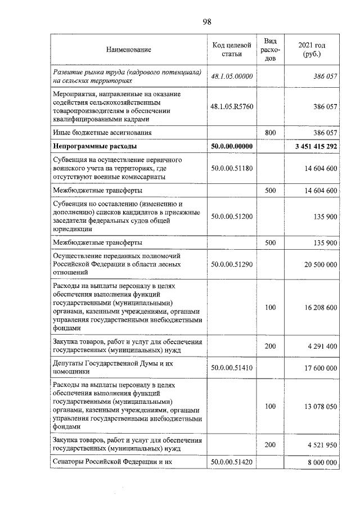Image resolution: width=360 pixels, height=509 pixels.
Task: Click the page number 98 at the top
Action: [206, 22]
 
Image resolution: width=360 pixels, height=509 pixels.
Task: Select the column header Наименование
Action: [129, 50]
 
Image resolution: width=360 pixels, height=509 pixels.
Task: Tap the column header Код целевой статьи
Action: [231, 49]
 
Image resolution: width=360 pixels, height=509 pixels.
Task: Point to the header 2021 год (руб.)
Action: [311, 49]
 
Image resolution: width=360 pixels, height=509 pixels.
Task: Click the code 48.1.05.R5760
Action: [231, 106]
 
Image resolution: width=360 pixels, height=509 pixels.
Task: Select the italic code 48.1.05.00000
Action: [231, 76]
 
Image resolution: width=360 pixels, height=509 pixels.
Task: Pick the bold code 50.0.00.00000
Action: [231, 146]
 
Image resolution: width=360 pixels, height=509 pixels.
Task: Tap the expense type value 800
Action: [270, 133]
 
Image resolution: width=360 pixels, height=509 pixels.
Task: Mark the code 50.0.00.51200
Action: [231, 216]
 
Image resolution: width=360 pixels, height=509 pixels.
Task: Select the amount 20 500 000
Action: [320, 263]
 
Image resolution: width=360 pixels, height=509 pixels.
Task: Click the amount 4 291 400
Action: [322, 346]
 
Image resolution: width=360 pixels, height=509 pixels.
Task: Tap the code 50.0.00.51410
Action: [231, 368]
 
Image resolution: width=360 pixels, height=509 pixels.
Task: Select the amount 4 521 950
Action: [322, 444]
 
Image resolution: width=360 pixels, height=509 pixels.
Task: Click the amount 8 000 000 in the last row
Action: [322, 463]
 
